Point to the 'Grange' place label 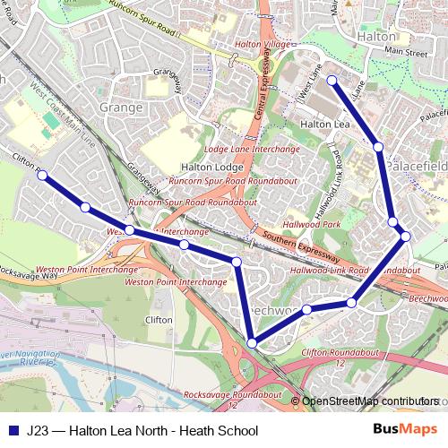(122, 108)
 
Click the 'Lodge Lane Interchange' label (239, 149)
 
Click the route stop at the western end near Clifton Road (42, 176)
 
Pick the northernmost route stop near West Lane (332, 81)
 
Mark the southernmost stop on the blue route (254, 343)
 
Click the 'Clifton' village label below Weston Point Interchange (159, 318)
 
